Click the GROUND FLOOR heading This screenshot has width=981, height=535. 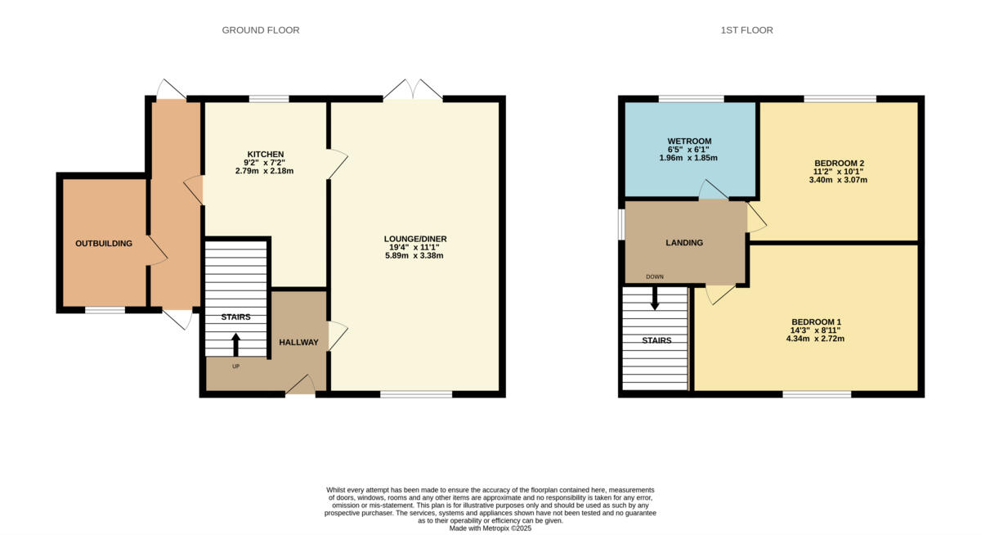coord(261,30)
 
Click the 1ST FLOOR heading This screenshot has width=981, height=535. coord(746,30)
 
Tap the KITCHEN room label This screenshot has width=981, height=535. coord(266,154)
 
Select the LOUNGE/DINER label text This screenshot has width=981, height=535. coord(415,239)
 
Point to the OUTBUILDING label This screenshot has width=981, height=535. coord(104,243)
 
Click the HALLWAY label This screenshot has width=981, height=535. coord(298,342)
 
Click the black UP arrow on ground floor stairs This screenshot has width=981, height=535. coord(237,343)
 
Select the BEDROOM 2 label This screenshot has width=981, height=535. coord(838,163)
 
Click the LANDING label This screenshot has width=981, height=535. coord(684,243)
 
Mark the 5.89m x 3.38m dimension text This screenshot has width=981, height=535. coord(415,256)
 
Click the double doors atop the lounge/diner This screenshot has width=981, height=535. coord(413,92)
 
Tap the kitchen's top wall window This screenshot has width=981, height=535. coord(269,99)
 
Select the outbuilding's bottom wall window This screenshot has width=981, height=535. coord(105,310)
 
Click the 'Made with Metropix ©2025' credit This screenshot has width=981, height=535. coord(490,528)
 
